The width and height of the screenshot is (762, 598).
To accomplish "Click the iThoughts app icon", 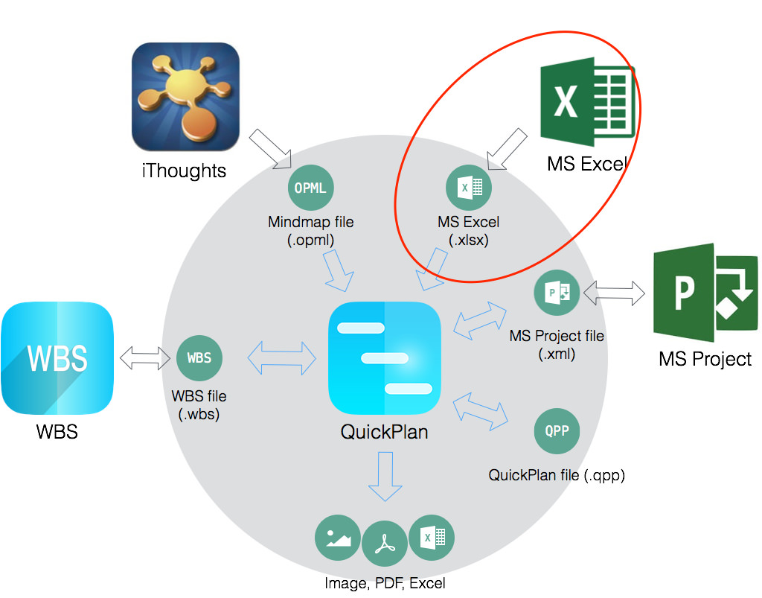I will [185, 97].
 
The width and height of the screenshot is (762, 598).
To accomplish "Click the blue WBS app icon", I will [57, 358].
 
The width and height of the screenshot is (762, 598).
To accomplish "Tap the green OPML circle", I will [310, 188].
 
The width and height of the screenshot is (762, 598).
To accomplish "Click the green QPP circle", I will [557, 431].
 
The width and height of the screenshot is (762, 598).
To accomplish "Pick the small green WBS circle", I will [199, 357].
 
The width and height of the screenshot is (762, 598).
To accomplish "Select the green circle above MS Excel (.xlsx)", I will [468, 187].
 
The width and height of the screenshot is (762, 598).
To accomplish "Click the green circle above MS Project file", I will [557, 292].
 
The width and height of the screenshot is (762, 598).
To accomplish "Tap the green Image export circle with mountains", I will [338, 537].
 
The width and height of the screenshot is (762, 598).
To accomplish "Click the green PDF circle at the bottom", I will [384, 544].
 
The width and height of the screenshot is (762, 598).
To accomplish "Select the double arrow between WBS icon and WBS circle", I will [145, 358].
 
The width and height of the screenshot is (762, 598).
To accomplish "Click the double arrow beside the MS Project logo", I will [614, 292].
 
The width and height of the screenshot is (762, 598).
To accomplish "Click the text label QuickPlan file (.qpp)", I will [556, 475].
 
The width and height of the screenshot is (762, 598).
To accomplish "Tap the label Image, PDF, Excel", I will [385, 583].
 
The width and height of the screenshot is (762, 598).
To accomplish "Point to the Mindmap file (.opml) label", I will [311, 231].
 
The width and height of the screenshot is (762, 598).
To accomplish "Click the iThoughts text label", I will [183, 171].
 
